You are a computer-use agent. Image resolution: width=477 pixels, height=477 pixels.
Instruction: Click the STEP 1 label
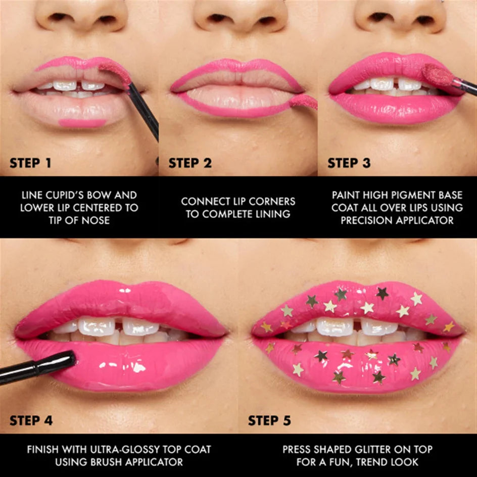pos(30,163)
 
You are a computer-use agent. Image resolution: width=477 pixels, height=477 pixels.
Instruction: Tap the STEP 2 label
pos(189,163)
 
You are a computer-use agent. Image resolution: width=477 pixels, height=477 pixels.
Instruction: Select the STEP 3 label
pos(349,163)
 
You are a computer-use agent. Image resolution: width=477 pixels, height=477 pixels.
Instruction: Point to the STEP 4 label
pos(32,420)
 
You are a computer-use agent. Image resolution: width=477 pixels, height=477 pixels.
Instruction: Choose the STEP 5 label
pos(270,420)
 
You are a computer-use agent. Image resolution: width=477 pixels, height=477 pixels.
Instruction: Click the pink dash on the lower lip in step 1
pos(82,123)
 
